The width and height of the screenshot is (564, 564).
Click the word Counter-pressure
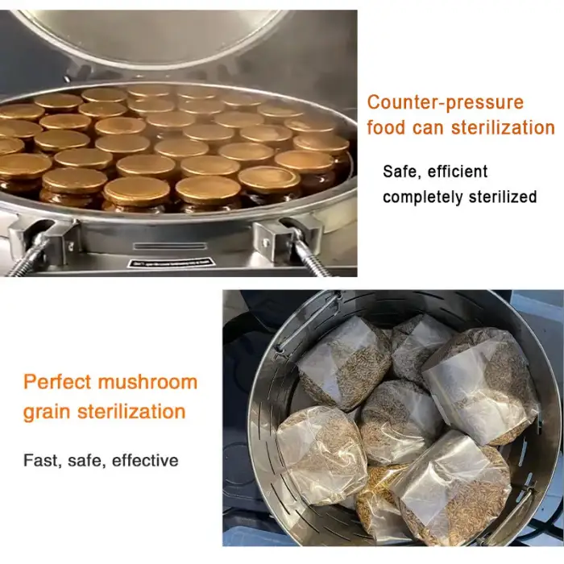[446, 102]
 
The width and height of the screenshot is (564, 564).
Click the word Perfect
[57, 382]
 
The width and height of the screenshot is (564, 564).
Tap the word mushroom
[147, 382]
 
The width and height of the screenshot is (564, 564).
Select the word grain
[47, 413]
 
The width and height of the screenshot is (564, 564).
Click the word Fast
[41, 460]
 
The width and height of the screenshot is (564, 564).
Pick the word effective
[145, 460]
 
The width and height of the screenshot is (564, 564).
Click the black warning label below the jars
[171, 263]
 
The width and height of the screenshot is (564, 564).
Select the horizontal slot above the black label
[170, 246]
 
